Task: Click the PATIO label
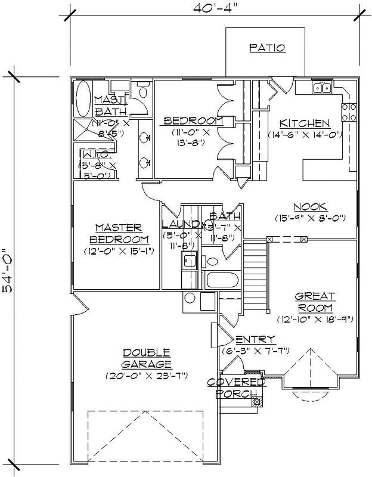[266, 48]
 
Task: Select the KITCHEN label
[305, 123]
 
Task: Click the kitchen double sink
[323, 88]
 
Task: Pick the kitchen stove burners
[349, 112]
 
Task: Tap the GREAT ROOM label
[315, 302]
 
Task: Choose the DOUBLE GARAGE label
[147, 358]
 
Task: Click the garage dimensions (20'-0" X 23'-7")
[147, 376]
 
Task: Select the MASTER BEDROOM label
[119, 234]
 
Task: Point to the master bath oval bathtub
[83, 99]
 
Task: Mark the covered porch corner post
[257, 401]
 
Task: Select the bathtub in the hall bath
[221, 281]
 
